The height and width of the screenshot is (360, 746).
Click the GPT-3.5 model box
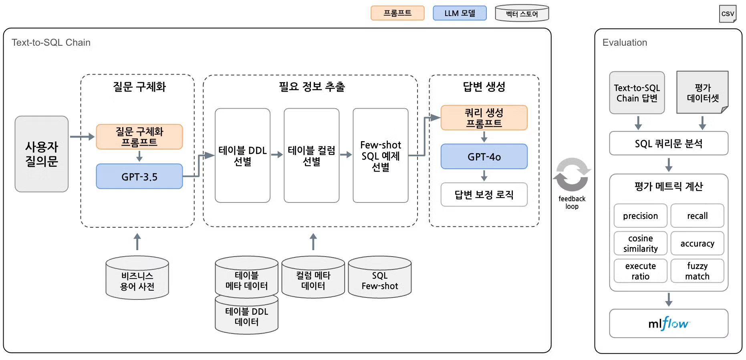(x=139, y=176)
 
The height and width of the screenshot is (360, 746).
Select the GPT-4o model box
(x=484, y=156)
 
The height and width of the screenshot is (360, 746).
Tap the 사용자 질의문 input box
(x=42, y=154)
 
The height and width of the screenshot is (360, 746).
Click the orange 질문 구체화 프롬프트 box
(x=139, y=137)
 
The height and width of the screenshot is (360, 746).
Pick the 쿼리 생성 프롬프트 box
(x=484, y=117)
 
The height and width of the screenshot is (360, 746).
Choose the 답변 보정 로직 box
(x=484, y=195)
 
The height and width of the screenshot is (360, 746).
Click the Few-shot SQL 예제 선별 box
(x=380, y=156)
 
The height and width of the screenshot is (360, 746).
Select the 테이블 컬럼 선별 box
(x=311, y=156)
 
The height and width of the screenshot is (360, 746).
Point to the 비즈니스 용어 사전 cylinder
(x=137, y=279)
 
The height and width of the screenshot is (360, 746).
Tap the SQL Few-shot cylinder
(x=379, y=279)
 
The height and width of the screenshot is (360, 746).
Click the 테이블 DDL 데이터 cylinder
(x=246, y=317)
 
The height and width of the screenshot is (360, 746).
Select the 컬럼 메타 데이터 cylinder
(x=313, y=279)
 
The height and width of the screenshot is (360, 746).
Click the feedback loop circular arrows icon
(x=572, y=174)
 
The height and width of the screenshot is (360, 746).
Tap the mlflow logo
(x=668, y=323)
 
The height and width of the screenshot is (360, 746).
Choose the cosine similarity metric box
(x=640, y=243)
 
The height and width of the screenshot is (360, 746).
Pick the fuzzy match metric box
(x=697, y=271)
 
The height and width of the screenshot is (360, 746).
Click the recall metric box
(x=697, y=216)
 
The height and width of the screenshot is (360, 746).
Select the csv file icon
(x=728, y=14)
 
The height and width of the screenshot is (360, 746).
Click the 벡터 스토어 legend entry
(x=522, y=14)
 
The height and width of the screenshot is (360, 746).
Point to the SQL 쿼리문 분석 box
(x=668, y=144)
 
